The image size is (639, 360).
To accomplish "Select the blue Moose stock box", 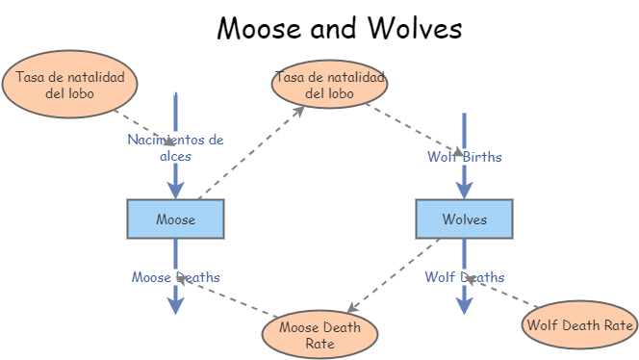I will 175,219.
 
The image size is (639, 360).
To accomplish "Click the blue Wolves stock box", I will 464,219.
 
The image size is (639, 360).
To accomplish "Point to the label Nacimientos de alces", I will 175,147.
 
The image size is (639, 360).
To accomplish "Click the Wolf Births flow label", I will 464,156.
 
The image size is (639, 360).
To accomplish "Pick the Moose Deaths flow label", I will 175,277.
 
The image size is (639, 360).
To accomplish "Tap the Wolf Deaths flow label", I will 464,277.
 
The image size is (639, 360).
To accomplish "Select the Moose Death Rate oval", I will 319,335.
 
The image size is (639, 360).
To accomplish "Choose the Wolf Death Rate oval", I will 579,324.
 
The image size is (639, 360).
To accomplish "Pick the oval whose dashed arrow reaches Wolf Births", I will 329,85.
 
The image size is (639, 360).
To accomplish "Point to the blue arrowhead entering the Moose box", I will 175,190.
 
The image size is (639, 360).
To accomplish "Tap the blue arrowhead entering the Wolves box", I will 464,190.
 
